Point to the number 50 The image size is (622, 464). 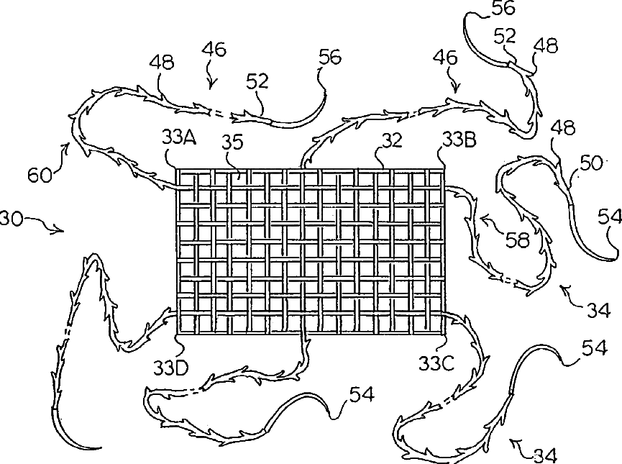point(590,163)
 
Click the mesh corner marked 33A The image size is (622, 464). point(177,170)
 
